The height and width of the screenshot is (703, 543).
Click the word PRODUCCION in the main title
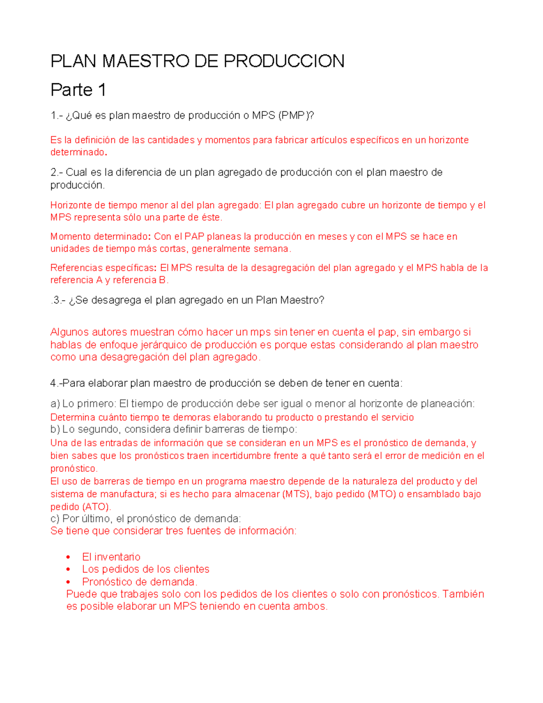click(284, 61)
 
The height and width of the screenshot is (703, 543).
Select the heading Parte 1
click(78, 90)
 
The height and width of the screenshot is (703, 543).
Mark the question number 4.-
click(56, 383)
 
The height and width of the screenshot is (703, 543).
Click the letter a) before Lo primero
click(55, 404)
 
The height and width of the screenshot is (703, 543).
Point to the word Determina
click(72, 417)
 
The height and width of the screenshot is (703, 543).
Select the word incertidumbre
click(253, 456)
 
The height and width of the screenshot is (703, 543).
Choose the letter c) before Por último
click(55, 519)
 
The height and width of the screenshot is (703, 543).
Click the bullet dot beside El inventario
click(68, 557)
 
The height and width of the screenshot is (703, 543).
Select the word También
click(463, 594)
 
